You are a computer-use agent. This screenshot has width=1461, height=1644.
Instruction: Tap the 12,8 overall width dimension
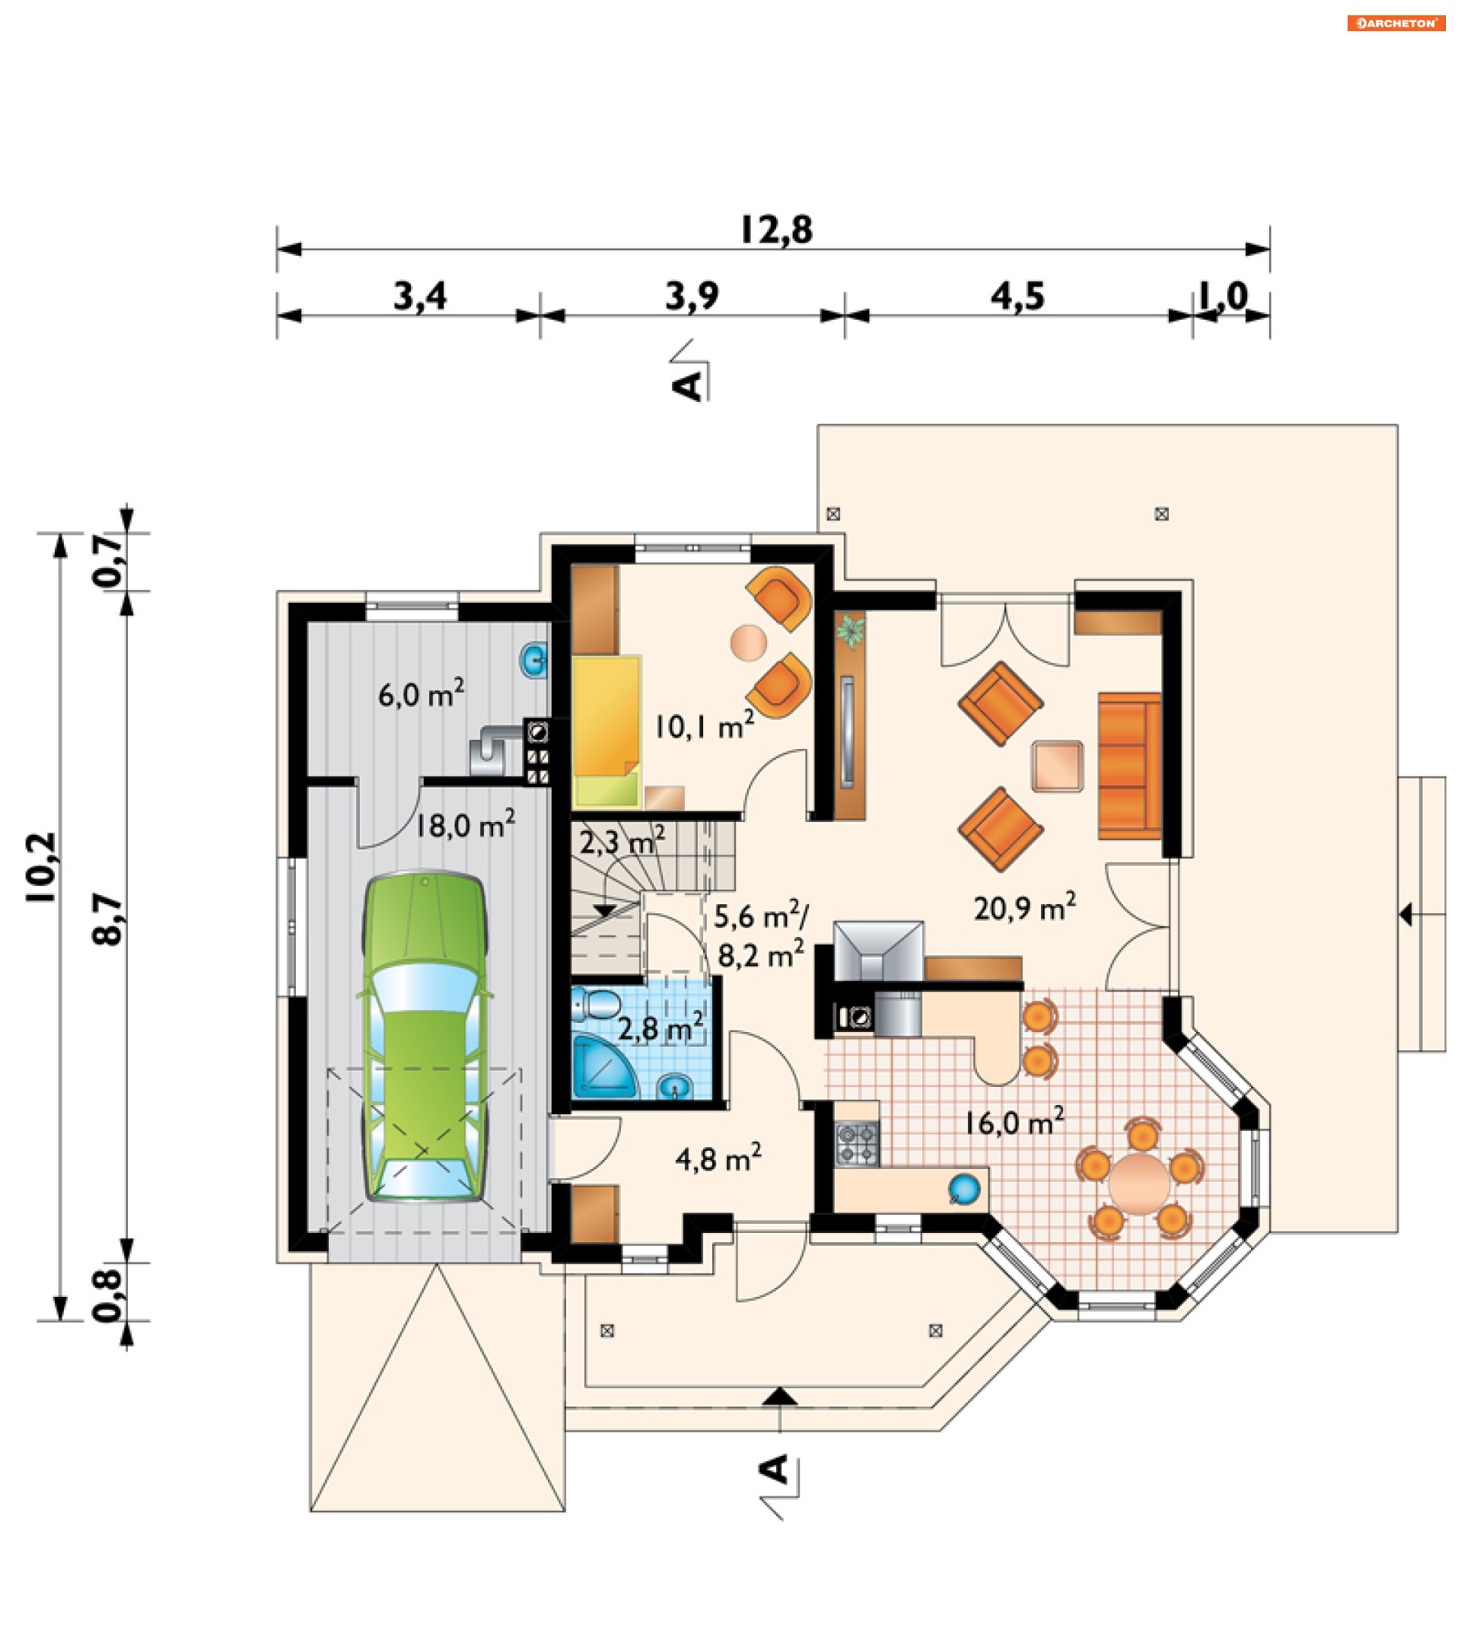click(x=776, y=230)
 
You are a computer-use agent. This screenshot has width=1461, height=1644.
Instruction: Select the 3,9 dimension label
click(x=692, y=297)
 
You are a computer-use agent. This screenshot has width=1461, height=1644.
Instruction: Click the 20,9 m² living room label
click(x=1024, y=906)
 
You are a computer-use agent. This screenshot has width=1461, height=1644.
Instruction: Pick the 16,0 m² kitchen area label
click(x=1015, y=1120)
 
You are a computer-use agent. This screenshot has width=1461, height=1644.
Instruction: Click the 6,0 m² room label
click(x=421, y=693)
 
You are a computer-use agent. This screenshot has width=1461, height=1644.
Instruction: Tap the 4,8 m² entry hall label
click(x=718, y=1158)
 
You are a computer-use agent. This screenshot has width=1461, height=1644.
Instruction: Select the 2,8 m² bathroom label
click(x=660, y=1029)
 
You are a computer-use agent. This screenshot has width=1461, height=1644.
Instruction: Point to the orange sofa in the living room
click(x=1130, y=765)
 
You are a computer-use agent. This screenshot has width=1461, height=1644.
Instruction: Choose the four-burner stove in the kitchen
click(x=857, y=1145)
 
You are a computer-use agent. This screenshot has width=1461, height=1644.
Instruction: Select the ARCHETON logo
click(x=1396, y=24)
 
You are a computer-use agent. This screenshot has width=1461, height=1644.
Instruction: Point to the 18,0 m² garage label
click(x=465, y=824)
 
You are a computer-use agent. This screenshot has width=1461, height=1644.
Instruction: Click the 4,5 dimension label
click(x=1017, y=297)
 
